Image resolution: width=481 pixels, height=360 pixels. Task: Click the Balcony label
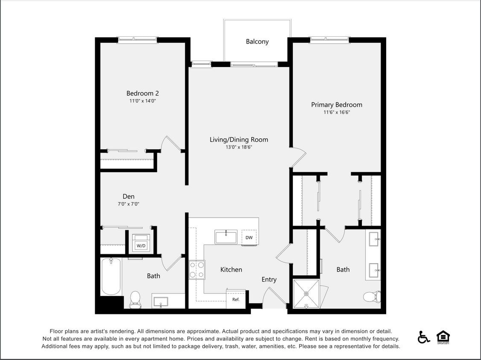coord(257,42)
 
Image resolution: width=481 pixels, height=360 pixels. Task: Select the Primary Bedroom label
coord(336,105)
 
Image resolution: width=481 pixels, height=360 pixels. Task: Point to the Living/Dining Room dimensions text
coord(239,147)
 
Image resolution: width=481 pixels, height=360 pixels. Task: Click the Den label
coord(128,197)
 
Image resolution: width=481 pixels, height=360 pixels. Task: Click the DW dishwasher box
coord(249,238)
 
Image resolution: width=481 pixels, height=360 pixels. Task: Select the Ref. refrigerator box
coord(236,299)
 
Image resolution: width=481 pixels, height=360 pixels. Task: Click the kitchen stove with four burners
coord(197,270)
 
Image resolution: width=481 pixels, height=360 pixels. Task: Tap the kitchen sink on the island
coord(226,237)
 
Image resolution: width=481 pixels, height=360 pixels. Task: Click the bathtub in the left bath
coord(111,276)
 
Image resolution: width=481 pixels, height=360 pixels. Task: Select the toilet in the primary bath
coord(372,296)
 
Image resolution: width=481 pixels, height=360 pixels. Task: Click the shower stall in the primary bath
coord(306,293)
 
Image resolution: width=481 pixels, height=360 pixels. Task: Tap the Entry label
coord(269,279)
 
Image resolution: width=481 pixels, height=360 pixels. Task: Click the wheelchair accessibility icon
coord(423,337)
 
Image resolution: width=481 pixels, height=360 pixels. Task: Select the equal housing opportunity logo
coord(443,337)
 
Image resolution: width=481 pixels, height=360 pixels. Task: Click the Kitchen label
coord(231,270)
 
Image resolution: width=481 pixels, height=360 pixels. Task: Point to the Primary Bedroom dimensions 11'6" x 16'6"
coord(337,113)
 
